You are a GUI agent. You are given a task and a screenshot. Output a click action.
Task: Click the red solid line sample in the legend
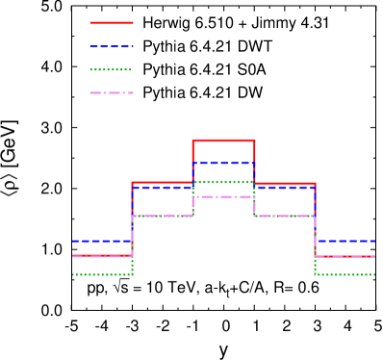coord(112,22)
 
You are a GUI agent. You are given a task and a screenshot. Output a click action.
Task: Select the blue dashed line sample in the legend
coord(112,46)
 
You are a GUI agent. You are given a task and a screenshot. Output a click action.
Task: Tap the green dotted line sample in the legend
coord(111,69)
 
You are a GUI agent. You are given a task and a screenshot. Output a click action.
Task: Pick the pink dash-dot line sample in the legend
coord(112,92)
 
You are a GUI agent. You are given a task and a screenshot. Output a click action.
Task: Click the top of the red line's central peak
coord(223,141)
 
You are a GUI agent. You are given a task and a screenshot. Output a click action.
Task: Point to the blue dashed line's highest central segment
coord(223,163)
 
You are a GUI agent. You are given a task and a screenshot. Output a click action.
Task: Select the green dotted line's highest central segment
coord(223,181)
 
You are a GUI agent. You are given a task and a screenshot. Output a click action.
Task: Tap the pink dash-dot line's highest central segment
coord(223,196)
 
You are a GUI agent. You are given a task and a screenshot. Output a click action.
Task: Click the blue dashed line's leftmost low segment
coord(101,241)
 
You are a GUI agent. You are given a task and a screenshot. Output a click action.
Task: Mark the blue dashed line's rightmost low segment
coord(345,241)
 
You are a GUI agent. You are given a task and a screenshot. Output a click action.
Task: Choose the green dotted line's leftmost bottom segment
coord(101,274)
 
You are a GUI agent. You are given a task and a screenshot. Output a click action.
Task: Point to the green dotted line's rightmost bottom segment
coord(345,274)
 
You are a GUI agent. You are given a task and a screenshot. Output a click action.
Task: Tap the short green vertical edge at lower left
coord(132,266)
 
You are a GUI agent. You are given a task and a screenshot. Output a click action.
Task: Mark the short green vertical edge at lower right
coord(315,266)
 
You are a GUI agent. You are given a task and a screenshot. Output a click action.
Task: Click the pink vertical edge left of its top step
coord(192,206)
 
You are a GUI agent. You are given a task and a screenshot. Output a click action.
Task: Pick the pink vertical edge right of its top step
coord(254,206)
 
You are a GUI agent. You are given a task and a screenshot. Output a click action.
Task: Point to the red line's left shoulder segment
coord(162,182)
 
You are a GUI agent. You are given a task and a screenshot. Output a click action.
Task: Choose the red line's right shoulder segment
coord(285,182)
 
